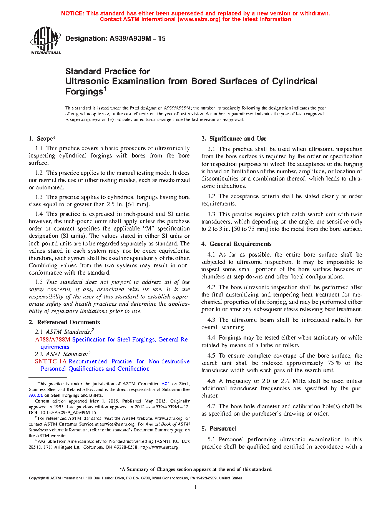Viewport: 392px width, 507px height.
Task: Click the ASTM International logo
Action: click(45, 40)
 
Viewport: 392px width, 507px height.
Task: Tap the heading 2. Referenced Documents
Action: click(65, 322)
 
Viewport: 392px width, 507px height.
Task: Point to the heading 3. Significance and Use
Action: click(234, 139)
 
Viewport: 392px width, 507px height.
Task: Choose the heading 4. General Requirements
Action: click(236, 244)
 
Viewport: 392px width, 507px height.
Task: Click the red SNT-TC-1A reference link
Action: click(51, 361)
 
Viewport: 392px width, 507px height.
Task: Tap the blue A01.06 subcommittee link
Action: click(36, 395)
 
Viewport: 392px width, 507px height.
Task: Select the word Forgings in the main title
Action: click(84, 91)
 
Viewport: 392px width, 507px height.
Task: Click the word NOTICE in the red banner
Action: click(72, 13)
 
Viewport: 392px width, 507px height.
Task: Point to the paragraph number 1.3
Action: click(39, 197)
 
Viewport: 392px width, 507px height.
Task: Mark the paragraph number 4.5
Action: click(211, 356)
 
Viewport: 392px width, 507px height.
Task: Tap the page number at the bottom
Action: click(196, 487)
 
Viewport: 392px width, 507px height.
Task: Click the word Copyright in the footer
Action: click(37, 478)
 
